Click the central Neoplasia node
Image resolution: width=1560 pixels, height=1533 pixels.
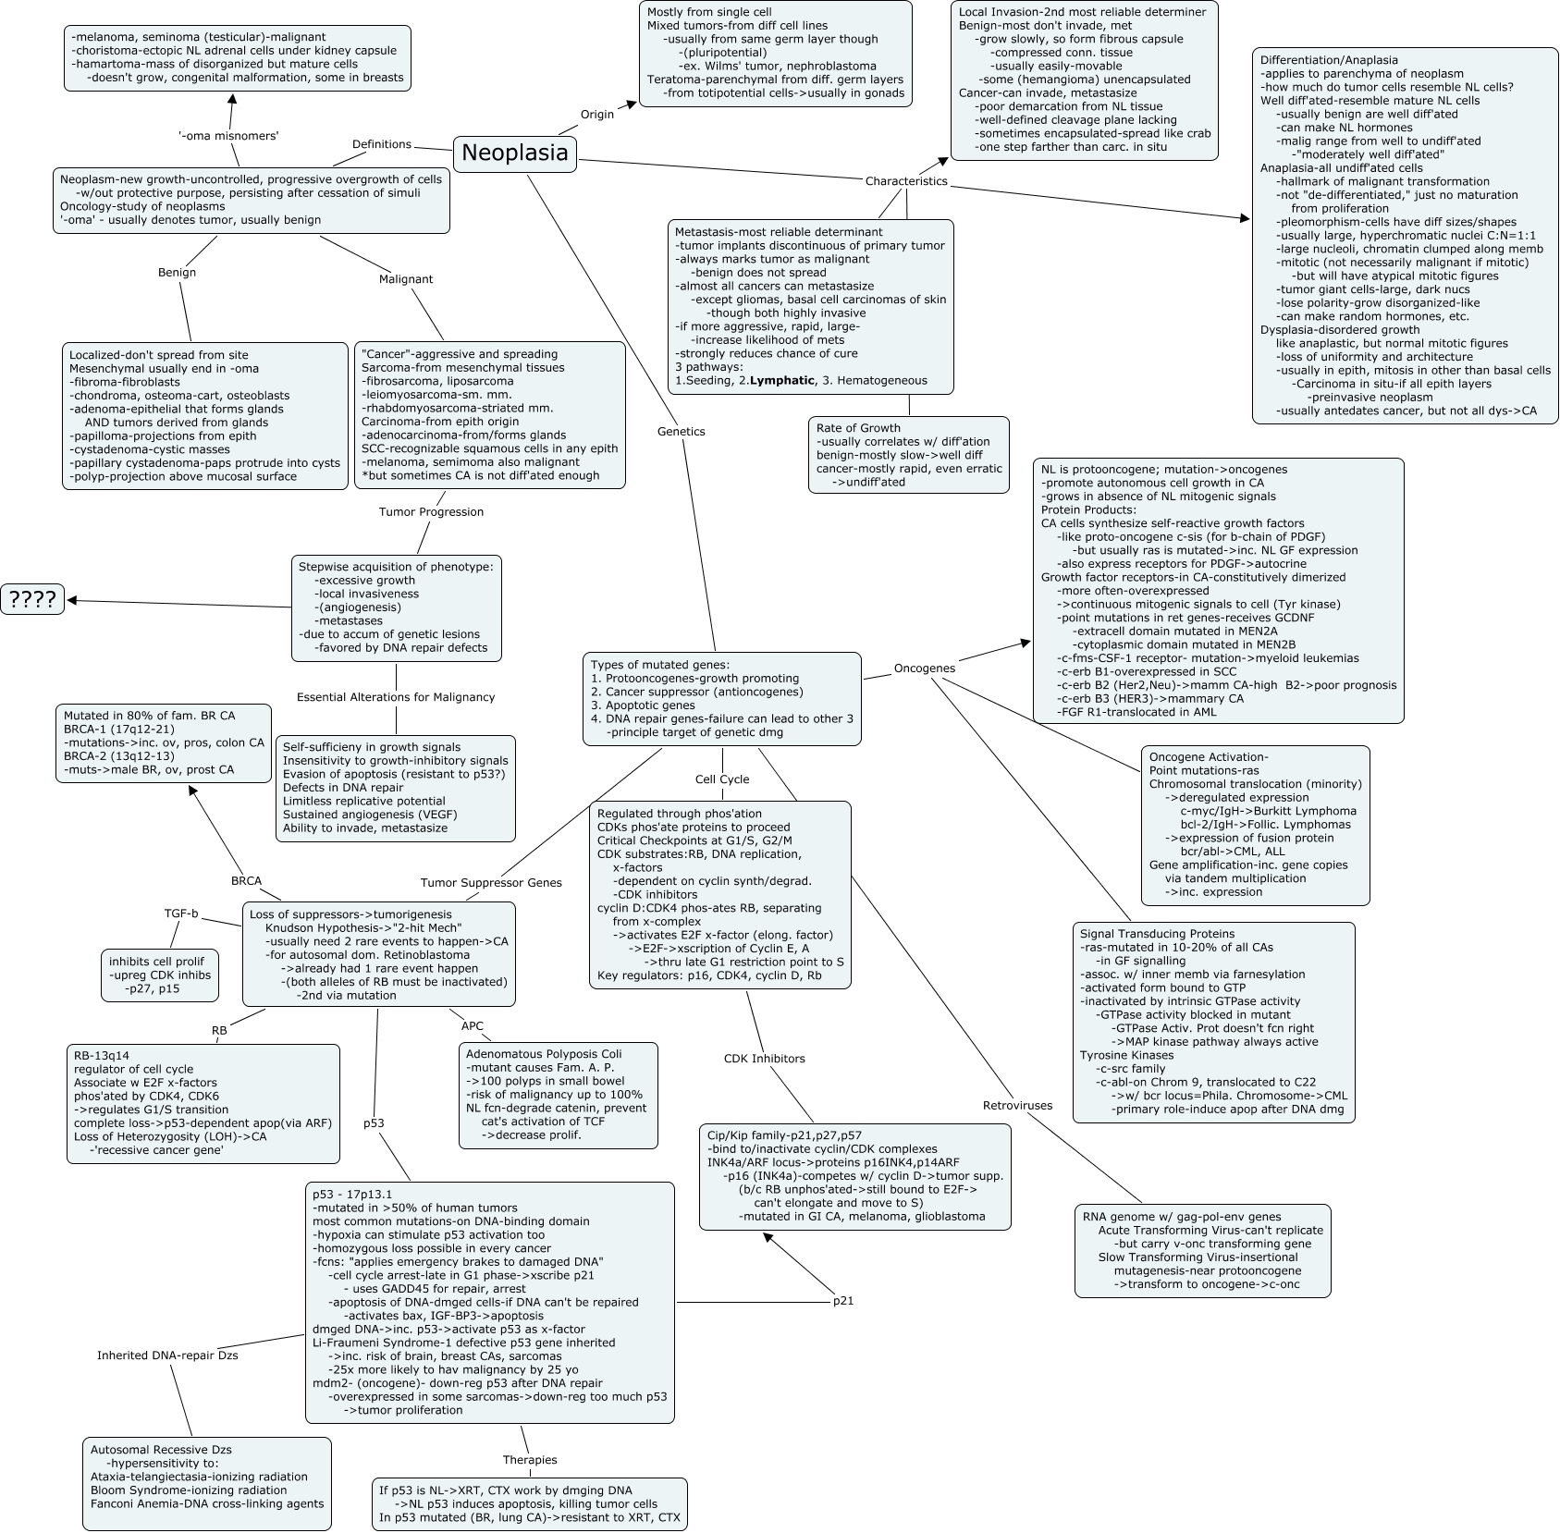click(514, 153)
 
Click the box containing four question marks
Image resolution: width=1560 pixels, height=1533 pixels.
click(32, 600)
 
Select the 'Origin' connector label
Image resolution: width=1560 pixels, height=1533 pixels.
click(597, 114)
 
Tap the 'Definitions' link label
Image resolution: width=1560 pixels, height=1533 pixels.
click(382, 144)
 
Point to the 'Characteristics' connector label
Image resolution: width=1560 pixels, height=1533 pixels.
click(906, 181)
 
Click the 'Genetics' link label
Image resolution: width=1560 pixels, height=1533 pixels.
click(681, 431)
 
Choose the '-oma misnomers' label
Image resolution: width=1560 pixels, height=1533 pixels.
click(228, 136)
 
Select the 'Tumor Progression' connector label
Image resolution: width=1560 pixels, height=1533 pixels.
click(431, 511)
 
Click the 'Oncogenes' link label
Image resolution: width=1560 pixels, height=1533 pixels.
click(925, 668)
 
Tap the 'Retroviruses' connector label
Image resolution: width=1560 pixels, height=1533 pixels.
click(1017, 1105)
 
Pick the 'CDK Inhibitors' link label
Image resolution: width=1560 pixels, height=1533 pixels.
click(764, 1058)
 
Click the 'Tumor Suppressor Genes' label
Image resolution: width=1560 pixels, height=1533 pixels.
click(491, 882)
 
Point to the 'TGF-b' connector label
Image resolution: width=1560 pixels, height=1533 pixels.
click(181, 914)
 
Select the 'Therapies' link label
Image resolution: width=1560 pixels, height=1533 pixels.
click(530, 1459)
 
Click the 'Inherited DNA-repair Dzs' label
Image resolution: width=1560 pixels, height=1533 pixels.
click(167, 1355)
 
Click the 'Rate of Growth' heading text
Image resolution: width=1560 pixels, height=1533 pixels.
click(858, 428)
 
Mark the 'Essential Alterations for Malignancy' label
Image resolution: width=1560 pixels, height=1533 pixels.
click(396, 697)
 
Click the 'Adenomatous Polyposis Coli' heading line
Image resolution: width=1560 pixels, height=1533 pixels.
click(544, 1053)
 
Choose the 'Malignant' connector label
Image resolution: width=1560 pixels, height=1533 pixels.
click(406, 278)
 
